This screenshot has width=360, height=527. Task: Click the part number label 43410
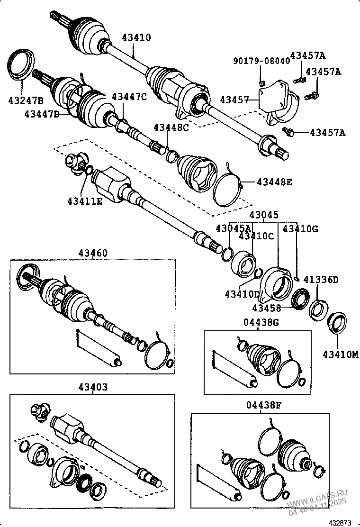[136, 37]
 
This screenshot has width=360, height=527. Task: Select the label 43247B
[26, 100]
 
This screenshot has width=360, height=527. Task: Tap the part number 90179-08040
[260, 61]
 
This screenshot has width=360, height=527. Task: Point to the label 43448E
[274, 182]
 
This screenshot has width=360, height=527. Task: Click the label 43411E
[85, 201]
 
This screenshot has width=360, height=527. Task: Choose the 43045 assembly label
[264, 215]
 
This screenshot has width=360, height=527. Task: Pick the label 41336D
[321, 280]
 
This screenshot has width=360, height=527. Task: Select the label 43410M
[341, 354]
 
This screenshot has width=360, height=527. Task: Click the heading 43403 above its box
[92, 387]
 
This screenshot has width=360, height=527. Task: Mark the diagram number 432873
[341, 522]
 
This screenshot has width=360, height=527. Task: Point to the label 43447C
[129, 97]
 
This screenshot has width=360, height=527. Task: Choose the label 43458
[266, 308]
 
